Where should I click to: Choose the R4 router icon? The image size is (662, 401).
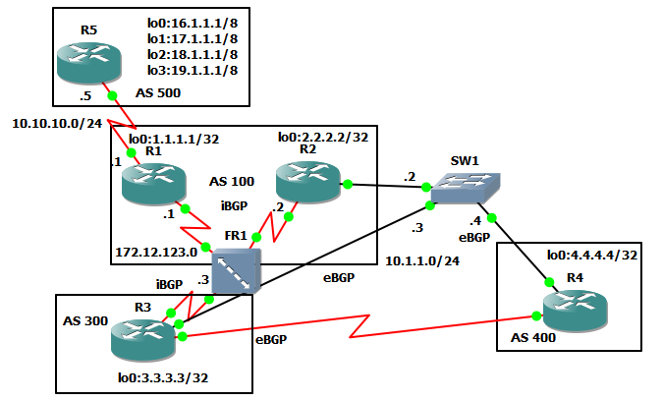576,310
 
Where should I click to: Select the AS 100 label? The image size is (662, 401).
233,183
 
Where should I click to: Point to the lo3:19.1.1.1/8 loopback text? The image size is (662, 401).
193,71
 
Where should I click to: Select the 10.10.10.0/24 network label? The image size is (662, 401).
57,123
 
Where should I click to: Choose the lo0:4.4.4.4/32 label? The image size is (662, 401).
585,256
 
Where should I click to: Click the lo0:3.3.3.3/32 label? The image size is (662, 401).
161,376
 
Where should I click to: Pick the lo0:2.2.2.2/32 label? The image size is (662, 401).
323,137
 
